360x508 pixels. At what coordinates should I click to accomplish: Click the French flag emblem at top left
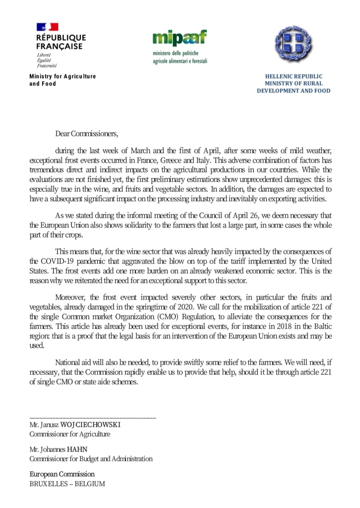click(x=47, y=27)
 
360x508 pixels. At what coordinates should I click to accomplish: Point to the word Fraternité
click(x=47, y=65)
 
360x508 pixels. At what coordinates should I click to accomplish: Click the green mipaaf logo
click(x=179, y=38)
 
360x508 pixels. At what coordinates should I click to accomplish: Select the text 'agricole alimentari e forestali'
click(x=180, y=61)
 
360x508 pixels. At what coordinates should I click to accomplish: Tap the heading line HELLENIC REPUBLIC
click(x=294, y=76)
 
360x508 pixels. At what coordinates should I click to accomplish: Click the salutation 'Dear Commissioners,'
click(x=87, y=133)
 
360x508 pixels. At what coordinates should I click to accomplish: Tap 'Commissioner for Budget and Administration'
click(x=91, y=459)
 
